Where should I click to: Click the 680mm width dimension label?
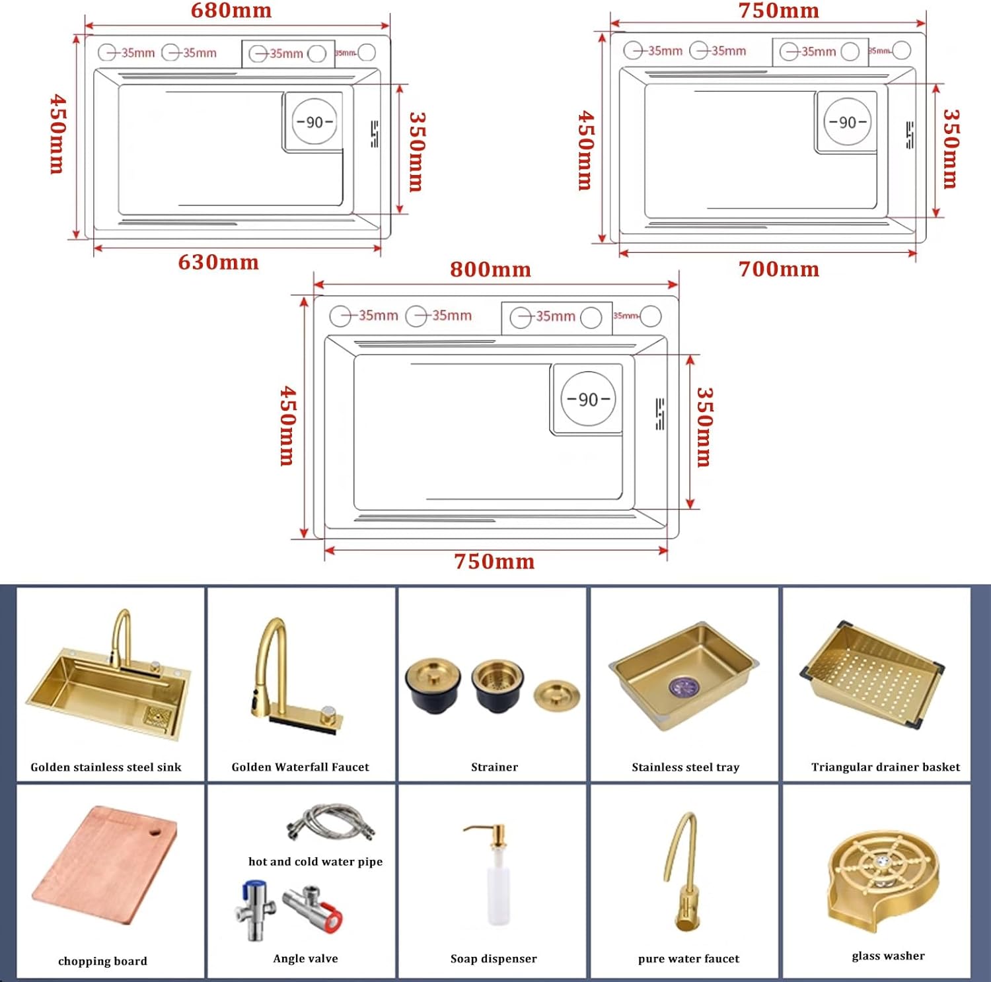coord(231,11)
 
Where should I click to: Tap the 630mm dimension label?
coord(218,262)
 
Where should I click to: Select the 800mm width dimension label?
coord(490,269)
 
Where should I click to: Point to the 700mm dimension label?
coord(778,269)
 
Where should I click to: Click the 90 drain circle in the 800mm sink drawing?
coord(588,399)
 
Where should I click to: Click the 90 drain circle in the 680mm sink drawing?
coord(314,122)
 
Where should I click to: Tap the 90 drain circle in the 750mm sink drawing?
coord(847,122)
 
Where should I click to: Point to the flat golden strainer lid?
coord(556,695)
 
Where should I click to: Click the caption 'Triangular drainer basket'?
coord(885,767)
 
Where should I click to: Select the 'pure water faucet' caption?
coord(688,958)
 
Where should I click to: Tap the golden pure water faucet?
coord(684,872)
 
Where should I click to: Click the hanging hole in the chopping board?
coord(156,831)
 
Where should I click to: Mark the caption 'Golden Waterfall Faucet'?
coord(300,767)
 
